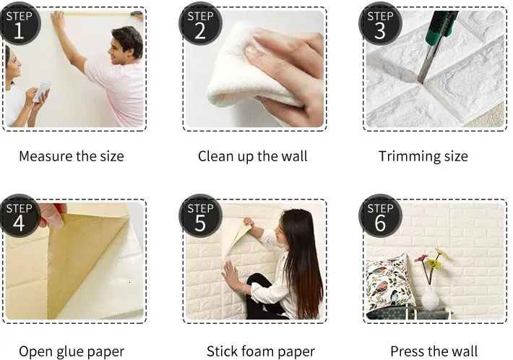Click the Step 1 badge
coord(20,24)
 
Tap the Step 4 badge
coord(20,216)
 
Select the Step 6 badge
coord(380,216)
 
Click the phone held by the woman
coord(43,90)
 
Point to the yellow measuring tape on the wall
coord(98,14)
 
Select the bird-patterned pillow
coord(387,284)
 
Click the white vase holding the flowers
coord(430,298)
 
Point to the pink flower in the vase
coord(421,257)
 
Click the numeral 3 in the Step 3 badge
coord(380,31)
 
